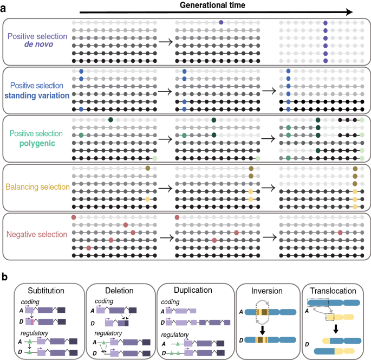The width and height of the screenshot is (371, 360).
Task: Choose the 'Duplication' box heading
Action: (x=190, y=291)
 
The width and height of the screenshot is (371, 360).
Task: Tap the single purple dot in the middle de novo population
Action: (x=222, y=22)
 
